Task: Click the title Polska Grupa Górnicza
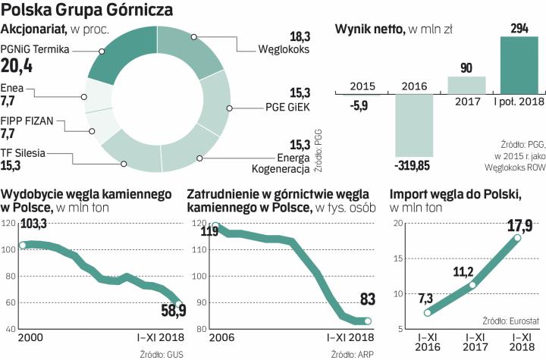tap(86, 10)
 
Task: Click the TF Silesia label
tap(24, 152)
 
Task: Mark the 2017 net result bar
tap(466, 83)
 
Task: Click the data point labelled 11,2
tap(473, 285)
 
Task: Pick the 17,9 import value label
tap(516, 225)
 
